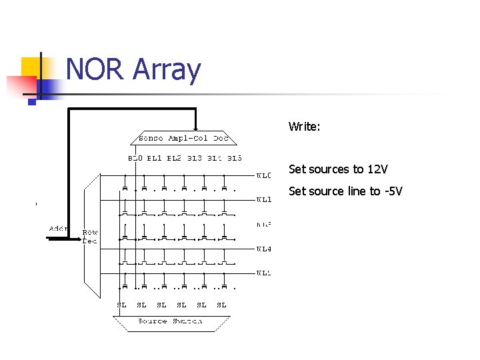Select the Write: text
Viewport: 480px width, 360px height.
[x=305, y=126]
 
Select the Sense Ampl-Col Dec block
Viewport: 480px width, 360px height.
[x=183, y=139]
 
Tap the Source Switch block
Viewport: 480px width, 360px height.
[x=169, y=321]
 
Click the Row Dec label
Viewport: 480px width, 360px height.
[x=89, y=237]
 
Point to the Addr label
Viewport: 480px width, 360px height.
[x=59, y=229]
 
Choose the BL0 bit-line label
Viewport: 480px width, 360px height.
[x=135, y=159]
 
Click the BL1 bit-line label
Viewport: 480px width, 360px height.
[x=155, y=159]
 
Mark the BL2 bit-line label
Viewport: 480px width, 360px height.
[x=174, y=159]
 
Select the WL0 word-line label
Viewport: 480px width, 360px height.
[x=264, y=176]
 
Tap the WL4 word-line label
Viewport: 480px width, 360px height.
[x=264, y=249]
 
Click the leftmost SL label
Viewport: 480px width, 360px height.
[x=121, y=305]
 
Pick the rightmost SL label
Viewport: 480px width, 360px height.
[x=221, y=305]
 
